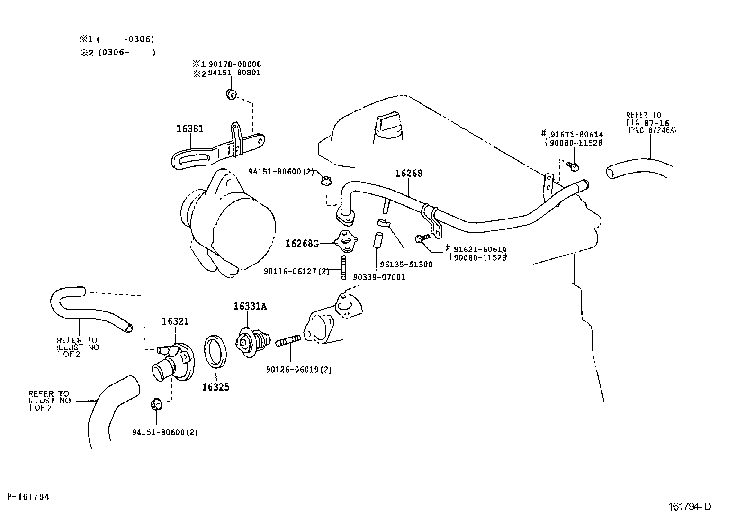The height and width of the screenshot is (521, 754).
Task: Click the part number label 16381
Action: [x=190, y=129]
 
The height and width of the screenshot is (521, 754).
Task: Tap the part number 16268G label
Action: [x=302, y=243]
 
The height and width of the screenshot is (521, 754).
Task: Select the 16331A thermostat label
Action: [x=250, y=306]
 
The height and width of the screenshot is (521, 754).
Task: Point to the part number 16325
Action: [x=215, y=387]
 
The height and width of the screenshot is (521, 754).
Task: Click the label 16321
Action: [x=175, y=321]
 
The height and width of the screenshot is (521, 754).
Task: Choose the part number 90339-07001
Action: [x=379, y=277]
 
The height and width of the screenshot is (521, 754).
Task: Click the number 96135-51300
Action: [x=406, y=265]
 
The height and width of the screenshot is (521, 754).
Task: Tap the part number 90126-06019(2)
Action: [x=299, y=370]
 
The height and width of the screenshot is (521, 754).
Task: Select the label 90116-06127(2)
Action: [x=296, y=271]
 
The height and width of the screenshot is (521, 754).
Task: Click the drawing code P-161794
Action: [x=28, y=497]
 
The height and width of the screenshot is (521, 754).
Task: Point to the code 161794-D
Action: [x=690, y=506]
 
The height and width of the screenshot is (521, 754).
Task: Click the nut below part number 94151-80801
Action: [x=231, y=94]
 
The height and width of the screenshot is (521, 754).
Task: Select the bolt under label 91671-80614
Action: [x=572, y=166]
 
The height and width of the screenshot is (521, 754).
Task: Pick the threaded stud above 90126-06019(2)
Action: [x=288, y=341]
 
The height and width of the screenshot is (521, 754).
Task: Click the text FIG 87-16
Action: [x=648, y=123]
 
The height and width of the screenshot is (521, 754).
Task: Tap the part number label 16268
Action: [x=409, y=173]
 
